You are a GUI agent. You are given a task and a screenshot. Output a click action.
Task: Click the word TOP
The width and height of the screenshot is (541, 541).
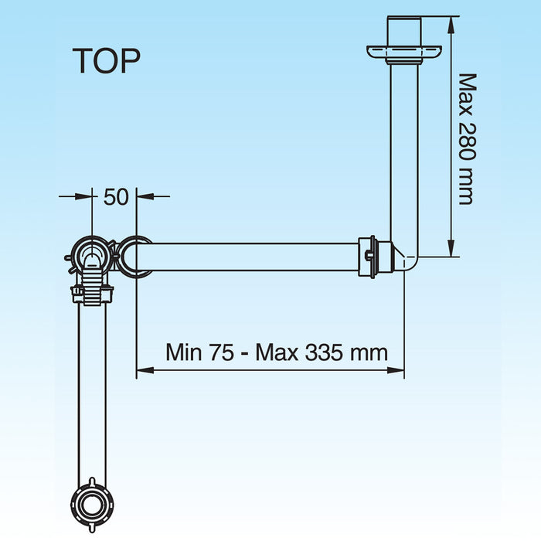107,61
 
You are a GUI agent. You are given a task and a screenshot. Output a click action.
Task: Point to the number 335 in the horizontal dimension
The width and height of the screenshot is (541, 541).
325,353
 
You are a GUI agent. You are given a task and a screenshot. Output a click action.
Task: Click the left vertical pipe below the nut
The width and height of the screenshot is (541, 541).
92,386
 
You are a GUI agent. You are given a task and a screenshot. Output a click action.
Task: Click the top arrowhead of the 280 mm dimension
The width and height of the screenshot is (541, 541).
451,21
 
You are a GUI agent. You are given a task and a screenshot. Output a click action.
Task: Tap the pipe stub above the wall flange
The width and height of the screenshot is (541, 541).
404,30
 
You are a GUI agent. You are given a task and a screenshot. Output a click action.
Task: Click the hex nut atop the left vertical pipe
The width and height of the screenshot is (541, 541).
92,294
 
